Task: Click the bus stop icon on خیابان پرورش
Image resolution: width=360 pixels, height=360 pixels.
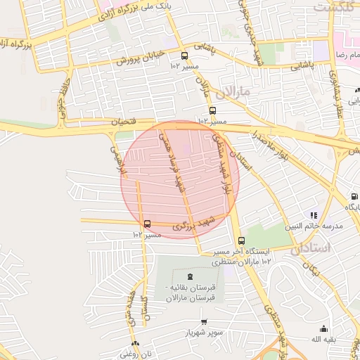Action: pyautogui.click(x=184, y=56)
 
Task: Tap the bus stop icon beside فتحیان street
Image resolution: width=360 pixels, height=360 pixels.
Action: pyautogui.click(x=212, y=110)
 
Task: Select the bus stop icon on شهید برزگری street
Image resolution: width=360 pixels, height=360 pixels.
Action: pyautogui.click(x=147, y=224)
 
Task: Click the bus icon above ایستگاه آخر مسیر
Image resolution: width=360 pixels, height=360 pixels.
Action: pyautogui.click(x=242, y=240)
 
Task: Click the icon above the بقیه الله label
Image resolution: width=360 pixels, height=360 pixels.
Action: pyautogui.click(x=323, y=328)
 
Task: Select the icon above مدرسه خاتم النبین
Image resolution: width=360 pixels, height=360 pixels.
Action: pyautogui.click(x=314, y=215)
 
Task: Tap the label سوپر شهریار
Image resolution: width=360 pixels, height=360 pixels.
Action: pyautogui.click(x=204, y=332)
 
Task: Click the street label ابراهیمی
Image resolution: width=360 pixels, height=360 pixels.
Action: pyautogui.click(x=115, y=161)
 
